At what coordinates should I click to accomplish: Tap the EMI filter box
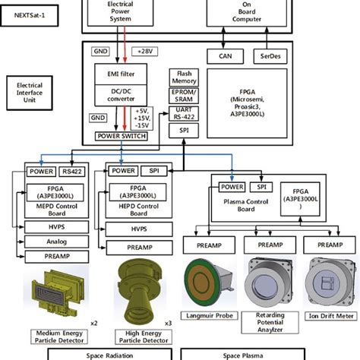[122, 74]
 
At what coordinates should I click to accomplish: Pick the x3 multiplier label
[169, 323]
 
